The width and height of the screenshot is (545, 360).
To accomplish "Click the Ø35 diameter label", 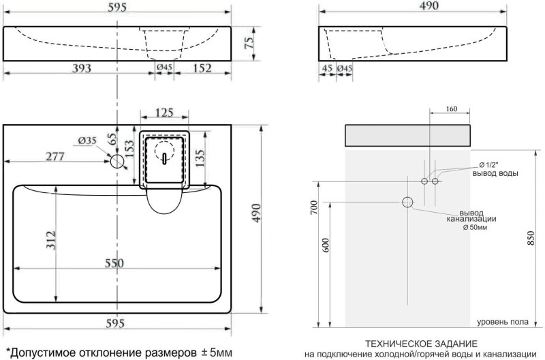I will pos(87,140).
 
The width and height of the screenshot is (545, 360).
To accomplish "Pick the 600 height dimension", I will pos(326,245).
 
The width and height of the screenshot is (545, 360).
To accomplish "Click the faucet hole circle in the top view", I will pos(118,162).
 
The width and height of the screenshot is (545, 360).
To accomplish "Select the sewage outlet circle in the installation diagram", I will pos(408,202).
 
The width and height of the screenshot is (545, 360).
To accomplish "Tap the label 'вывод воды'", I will pos(495,173).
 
